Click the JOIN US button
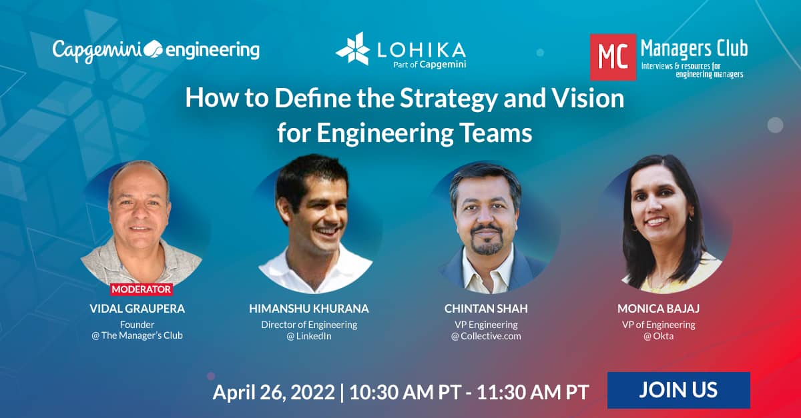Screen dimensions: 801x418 click(x=678, y=390)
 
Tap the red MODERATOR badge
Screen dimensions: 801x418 click(x=142, y=289)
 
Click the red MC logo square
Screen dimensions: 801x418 click(x=613, y=57)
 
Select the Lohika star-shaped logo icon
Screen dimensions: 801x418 click(x=352, y=49)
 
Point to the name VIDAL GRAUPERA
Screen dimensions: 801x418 click(x=138, y=309)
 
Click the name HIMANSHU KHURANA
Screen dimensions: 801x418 click(x=309, y=309)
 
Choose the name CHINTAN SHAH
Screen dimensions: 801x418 click(x=486, y=309)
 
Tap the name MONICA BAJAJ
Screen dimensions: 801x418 click(x=658, y=309)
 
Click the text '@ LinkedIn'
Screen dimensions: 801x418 click(x=309, y=336)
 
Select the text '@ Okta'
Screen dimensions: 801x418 click(x=658, y=336)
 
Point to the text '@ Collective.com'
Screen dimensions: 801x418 click(x=486, y=336)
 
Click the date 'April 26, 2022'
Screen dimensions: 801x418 click(x=274, y=392)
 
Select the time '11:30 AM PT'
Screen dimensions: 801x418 click(x=533, y=392)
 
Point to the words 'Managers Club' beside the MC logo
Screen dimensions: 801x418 click(x=694, y=49)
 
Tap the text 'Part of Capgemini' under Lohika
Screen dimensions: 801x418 click(x=429, y=65)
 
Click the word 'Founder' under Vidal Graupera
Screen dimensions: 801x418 click(x=138, y=325)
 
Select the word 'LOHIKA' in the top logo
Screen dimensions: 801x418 click(x=421, y=51)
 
